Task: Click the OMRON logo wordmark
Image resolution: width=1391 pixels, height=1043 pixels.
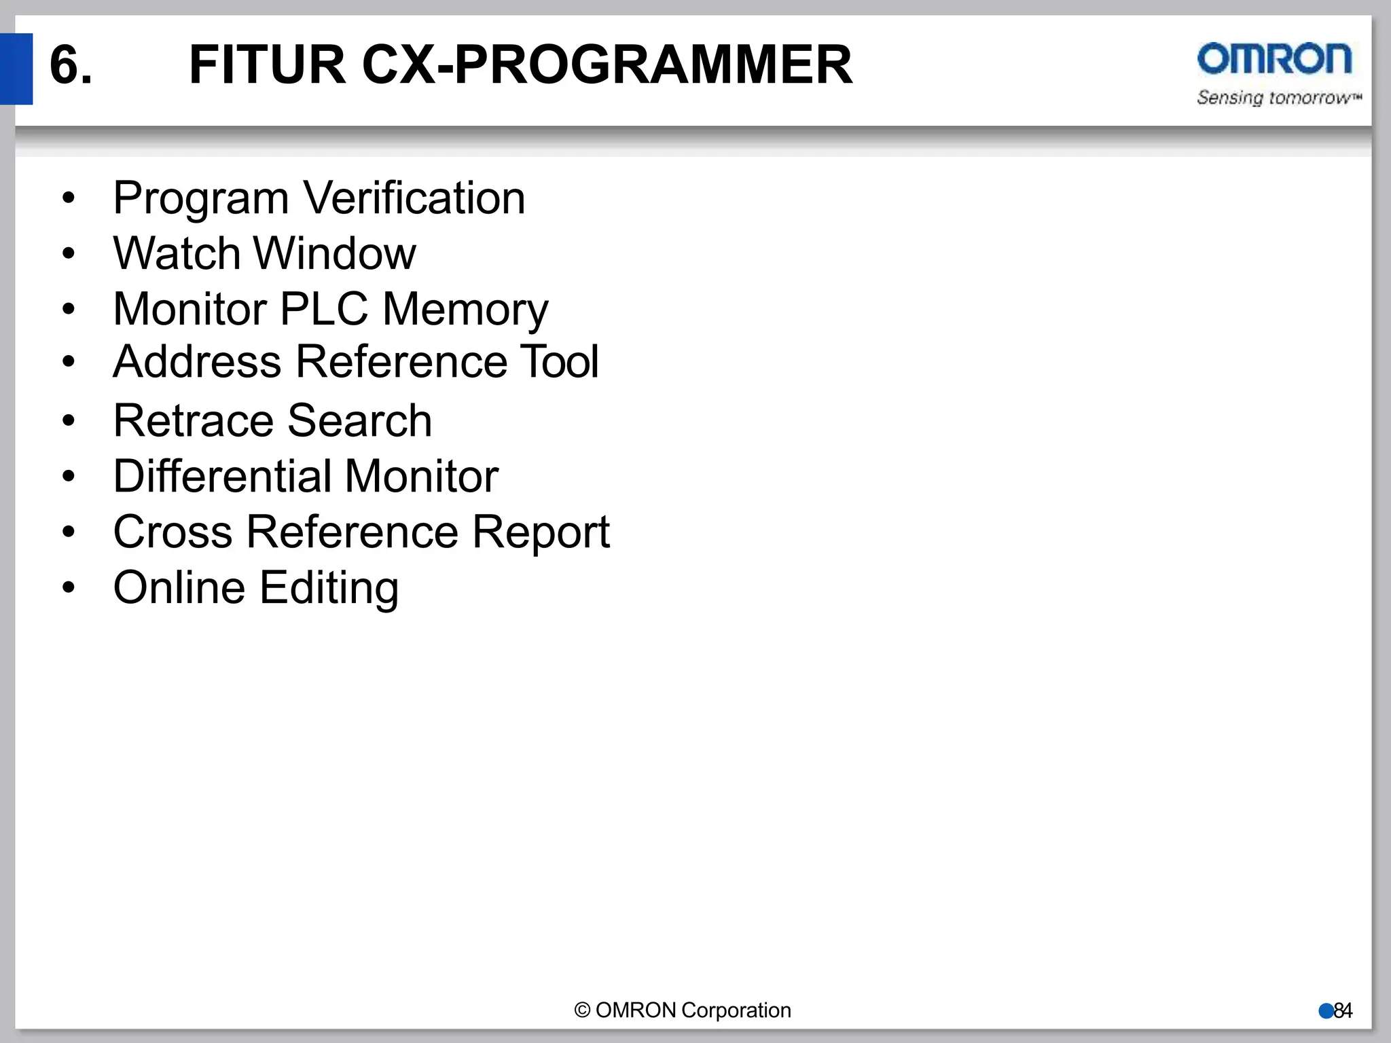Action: pos(1274,59)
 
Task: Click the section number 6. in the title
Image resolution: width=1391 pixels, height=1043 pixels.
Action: pos(71,65)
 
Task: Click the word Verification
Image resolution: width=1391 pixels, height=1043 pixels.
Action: pos(414,198)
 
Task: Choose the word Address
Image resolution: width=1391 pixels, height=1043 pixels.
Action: pos(197,361)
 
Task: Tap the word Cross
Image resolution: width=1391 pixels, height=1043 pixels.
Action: pos(173,532)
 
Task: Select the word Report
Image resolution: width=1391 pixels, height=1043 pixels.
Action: pos(541,533)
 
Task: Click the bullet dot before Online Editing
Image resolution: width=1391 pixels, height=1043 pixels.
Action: pos(68,587)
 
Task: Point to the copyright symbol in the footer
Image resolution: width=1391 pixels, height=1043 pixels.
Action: pos(582,1010)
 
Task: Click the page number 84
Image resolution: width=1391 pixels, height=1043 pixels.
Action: pos(1343,1011)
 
